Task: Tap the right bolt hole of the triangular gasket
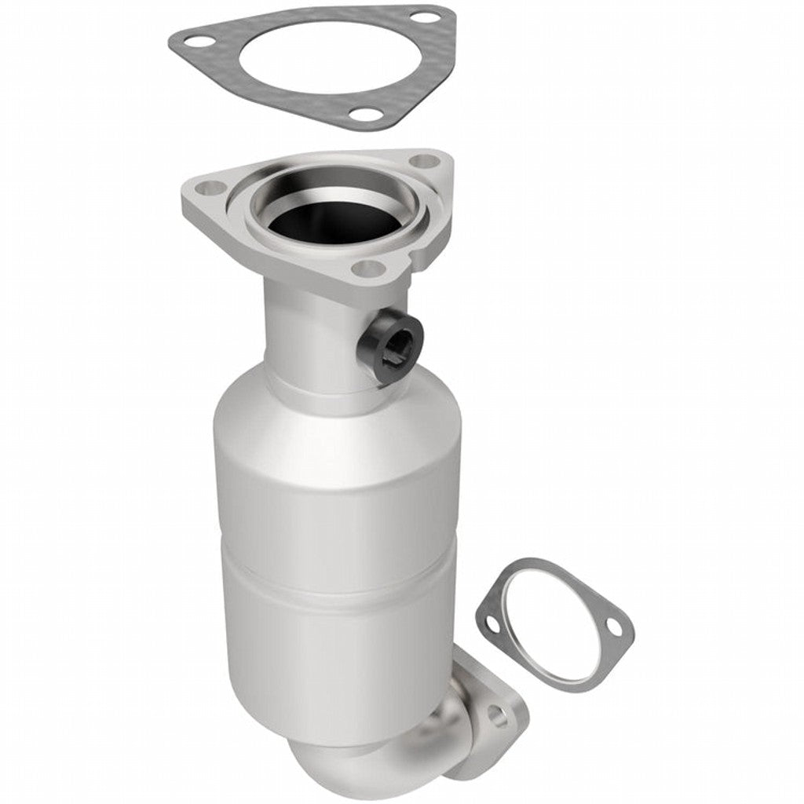[422, 16]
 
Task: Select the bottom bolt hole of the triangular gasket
[362, 115]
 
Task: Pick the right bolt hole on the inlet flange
[424, 161]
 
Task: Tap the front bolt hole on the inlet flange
[367, 269]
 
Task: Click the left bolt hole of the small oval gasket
[492, 626]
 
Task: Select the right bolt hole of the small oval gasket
[616, 628]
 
